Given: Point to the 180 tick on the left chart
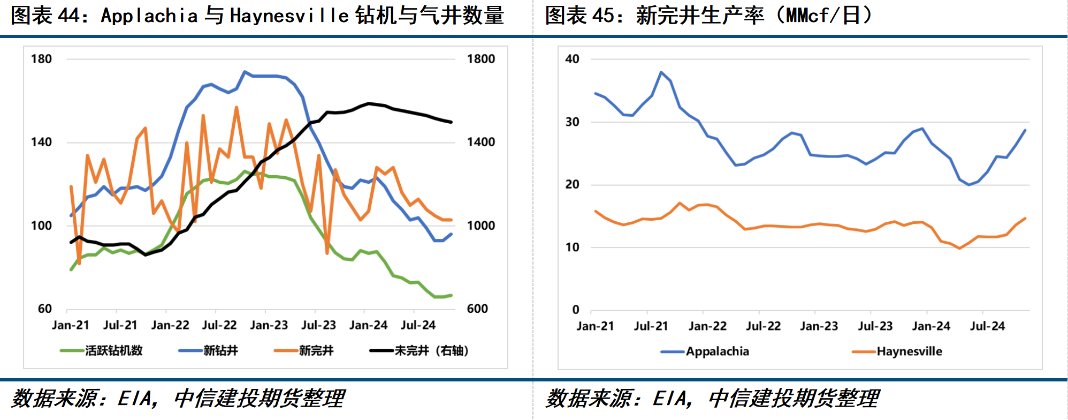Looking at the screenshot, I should (x=41, y=59).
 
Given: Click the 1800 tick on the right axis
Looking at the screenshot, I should (x=480, y=59).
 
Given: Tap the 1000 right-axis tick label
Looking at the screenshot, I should (x=480, y=226).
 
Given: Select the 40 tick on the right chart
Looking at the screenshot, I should (x=572, y=59).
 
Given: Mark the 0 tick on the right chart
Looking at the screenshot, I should (x=576, y=310).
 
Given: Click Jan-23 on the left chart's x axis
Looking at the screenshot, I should (x=269, y=325).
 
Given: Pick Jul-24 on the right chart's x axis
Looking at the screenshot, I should (x=987, y=326).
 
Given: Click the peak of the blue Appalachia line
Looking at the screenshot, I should (x=661, y=72).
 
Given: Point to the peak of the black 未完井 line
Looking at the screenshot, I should (x=369, y=103).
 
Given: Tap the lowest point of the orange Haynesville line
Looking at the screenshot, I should (x=959, y=248).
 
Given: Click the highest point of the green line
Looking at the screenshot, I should (x=245, y=171).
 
